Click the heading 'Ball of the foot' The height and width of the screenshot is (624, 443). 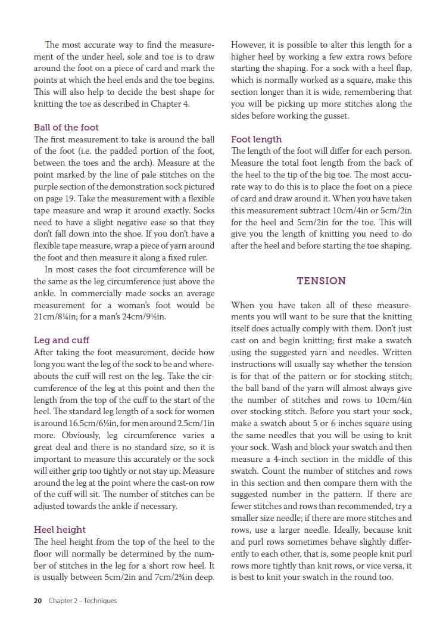[66, 127]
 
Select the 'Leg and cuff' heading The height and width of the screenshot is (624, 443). [61, 340]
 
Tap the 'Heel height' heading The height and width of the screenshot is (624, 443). [60, 529]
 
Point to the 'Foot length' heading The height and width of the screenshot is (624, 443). [256, 139]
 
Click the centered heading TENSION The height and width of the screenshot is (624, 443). [321, 281]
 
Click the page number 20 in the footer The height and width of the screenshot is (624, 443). [38, 601]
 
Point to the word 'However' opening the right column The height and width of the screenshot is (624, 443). [249, 45]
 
